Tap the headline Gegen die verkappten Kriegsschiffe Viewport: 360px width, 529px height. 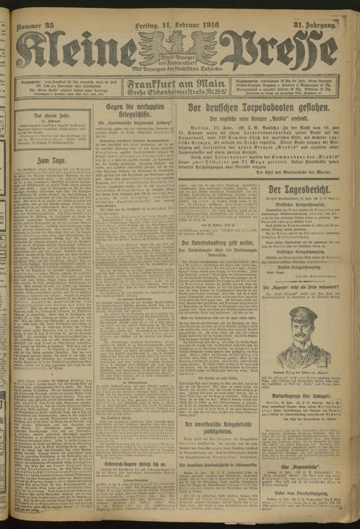click(x=130, y=111)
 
